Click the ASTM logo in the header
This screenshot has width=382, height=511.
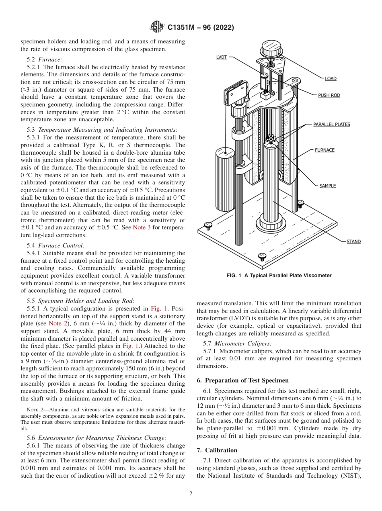157,27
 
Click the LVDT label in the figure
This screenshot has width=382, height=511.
222,57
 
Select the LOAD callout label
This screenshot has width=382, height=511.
331,78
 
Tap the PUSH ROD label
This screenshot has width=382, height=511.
329,95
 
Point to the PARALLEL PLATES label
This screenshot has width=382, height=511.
332,124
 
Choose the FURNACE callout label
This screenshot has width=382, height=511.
324,150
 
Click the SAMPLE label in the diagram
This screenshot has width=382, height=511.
327,186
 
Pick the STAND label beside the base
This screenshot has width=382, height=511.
353,241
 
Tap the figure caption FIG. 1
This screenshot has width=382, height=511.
279,276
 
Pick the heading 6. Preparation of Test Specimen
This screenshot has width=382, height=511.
243,380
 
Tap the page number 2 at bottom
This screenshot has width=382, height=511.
191,494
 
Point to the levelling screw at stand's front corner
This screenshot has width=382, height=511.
262,256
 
